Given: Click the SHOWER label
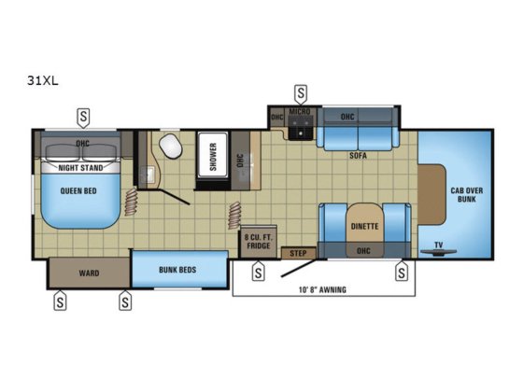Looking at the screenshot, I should click(x=210, y=157).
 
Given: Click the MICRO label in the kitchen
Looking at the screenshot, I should click(x=299, y=112).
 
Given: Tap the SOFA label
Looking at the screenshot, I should click(x=359, y=155).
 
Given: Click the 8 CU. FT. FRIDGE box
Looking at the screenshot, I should click(x=259, y=239).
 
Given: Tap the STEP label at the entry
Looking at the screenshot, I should click(x=299, y=252).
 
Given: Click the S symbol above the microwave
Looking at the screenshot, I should click(x=300, y=92).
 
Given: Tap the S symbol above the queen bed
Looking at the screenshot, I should click(x=84, y=119).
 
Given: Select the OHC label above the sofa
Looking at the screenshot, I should click(x=347, y=118).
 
